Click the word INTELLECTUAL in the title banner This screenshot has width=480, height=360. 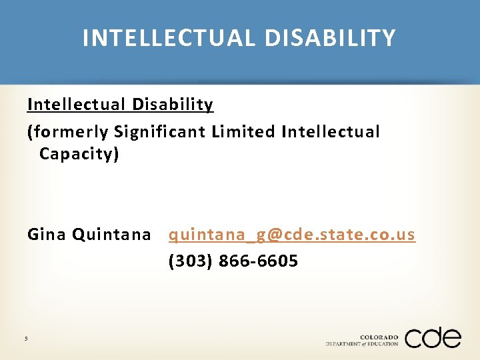click(x=170, y=38)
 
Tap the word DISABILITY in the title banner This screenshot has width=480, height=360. click(x=330, y=38)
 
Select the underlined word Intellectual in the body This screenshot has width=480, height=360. click(x=76, y=105)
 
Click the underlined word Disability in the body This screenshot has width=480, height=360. click(x=173, y=105)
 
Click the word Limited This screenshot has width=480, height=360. click(x=243, y=132)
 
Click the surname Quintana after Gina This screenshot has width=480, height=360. click(x=111, y=235)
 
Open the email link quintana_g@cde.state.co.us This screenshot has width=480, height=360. click(x=292, y=235)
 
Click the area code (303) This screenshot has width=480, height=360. click(x=191, y=261)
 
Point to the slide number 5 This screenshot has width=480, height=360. click(x=26, y=339)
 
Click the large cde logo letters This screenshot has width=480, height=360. click(x=433, y=338)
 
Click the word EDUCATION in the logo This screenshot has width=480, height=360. click(x=383, y=344)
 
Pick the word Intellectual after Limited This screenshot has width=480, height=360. click(x=331, y=132)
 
